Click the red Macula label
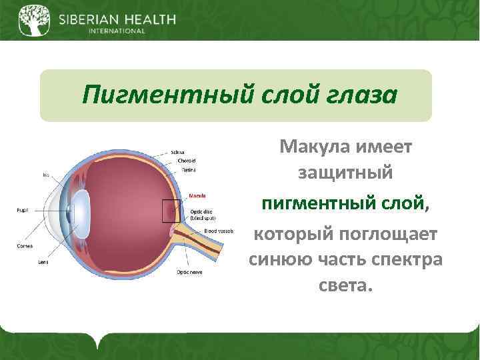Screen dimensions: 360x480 pyautogui.click(x=197, y=196)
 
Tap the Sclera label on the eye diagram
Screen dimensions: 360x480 pyautogui.click(x=178, y=153)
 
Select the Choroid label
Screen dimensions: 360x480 pyautogui.click(x=186, y=161)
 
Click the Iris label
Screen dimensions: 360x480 pyautogui.click(x=45, y=175)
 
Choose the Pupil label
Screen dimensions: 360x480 pyautogui.click(x=21, y=210)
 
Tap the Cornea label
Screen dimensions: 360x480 pyautogui.click(x=24, y=245)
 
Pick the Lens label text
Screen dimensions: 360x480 pyautogui.click(x=43, y=262)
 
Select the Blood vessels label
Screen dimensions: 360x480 pyautogui.click(x=218, y=231)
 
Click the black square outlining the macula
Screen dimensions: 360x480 pyautogui.click(x=171, y=211)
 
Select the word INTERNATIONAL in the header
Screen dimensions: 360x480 pyautogui.click(x=116, y=31)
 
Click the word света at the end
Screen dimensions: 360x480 pyautogui.click(x=345, y=285)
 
